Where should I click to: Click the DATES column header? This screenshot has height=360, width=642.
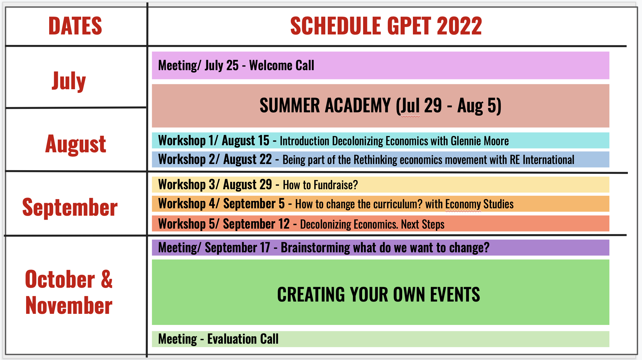pos(75,26)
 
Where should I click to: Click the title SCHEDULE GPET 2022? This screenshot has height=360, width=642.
pos(386,26)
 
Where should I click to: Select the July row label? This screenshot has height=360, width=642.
pos(69,81)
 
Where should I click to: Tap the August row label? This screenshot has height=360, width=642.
pos(76,144)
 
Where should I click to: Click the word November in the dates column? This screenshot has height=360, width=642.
pos(69,306)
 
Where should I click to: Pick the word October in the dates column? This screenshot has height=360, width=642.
pos(60,279)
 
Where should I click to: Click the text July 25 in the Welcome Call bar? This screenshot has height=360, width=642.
pos(222,66)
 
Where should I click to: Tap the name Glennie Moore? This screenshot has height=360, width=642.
pos(480,141)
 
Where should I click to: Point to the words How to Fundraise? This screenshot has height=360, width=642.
pos(320,185)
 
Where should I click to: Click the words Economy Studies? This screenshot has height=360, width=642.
pos(479,204)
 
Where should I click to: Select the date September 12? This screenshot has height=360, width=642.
pos(256,224)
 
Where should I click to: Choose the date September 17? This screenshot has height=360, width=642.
pos(237,248)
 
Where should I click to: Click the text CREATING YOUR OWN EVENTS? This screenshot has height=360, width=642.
pos(378,294)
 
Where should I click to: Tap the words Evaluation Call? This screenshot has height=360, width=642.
pos(243,339)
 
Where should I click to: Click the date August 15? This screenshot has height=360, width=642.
pos(246,141)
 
